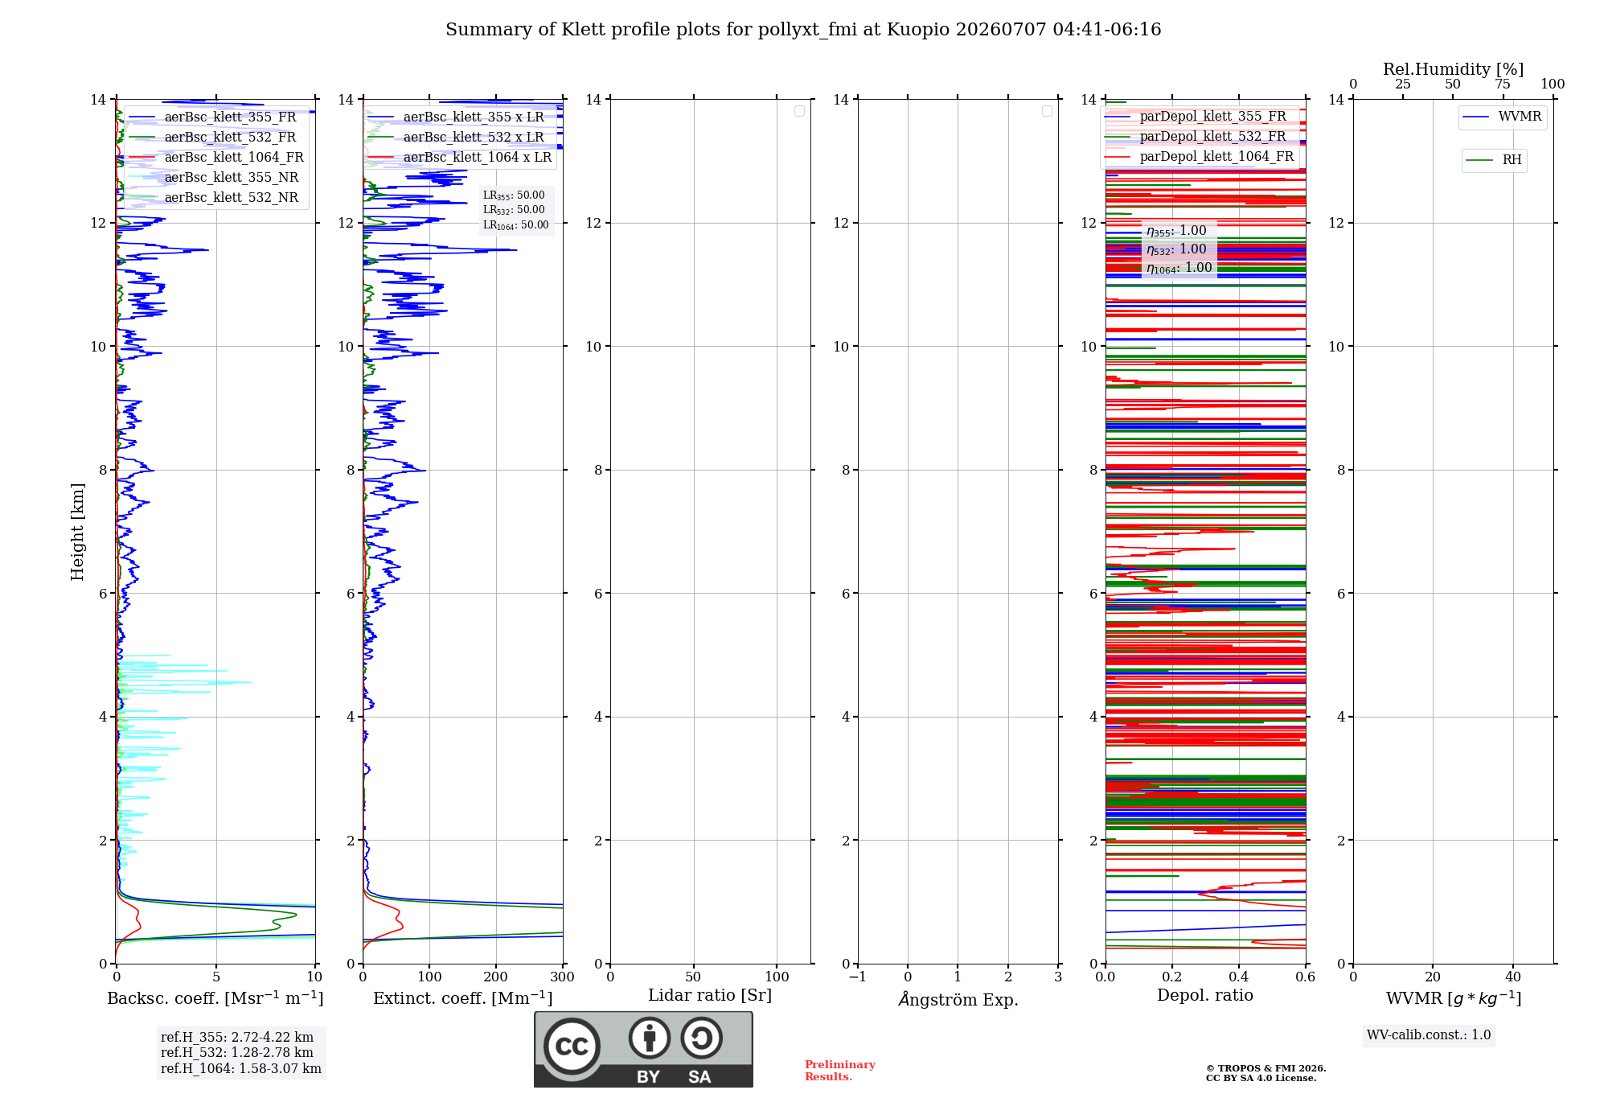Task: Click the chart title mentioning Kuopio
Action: [x=803, y=30]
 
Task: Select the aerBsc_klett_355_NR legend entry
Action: [x=214, y=177]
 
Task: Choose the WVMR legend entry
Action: [x=1502, y=117]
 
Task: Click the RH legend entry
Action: [x=1494, y=160]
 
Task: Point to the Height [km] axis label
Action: [x=77, y=532]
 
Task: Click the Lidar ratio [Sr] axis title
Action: [x=710, y=995]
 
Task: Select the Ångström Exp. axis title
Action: [x=958, y=998]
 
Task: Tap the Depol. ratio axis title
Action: [x=1205, y=995]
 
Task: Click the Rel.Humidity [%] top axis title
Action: [x=1454, y=69]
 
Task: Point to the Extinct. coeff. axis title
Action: [x=463, y=998]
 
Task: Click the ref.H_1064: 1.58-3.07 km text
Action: [x=241, y=1068]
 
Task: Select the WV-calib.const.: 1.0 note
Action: [x=1429, y=1035]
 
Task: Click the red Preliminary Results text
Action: [x=840, y=1071]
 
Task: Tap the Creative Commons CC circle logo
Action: [x=572, y=1047]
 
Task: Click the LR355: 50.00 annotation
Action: [x=514, y=195]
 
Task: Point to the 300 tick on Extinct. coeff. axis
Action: [x=563, y=977]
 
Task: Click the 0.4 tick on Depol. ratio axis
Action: [x=1239, y=977]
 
